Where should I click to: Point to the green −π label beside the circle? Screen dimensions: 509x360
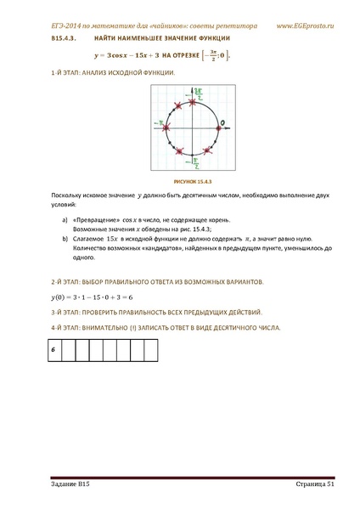[x=160, y=122]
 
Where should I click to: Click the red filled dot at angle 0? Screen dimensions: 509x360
[x=215, y=127]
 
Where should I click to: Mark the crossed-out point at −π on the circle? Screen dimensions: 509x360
[x=169, y=127]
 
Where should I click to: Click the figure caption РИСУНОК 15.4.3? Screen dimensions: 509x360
[x=192, y=182]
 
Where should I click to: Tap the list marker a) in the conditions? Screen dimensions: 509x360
[x=66, y=218]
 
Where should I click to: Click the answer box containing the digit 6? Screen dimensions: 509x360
[x=52, y=350]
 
